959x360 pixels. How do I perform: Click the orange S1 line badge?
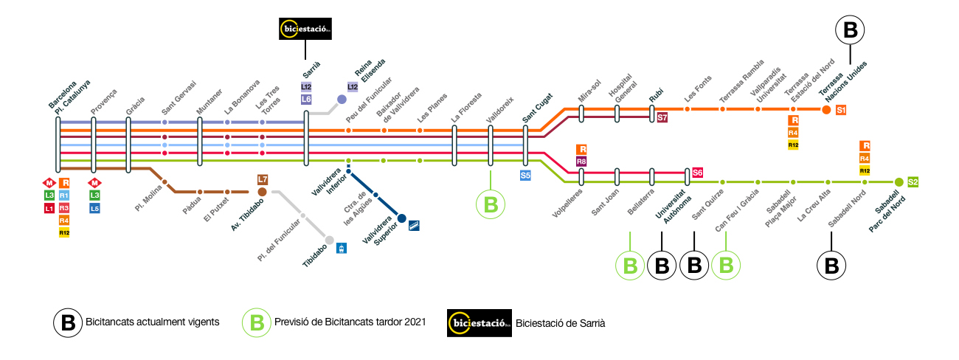841,110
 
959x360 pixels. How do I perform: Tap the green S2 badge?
913,181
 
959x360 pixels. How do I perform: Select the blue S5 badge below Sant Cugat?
525,176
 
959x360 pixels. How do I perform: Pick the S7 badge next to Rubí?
662,117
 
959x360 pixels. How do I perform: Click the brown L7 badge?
263,179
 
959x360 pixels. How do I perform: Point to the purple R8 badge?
581,161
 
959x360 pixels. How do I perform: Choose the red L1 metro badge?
49,209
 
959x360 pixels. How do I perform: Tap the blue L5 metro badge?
94,209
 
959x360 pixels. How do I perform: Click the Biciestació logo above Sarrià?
305,29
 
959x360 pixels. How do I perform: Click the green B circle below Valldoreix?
490,204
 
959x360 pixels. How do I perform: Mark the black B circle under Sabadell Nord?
831,266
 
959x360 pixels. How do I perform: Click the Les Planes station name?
431,108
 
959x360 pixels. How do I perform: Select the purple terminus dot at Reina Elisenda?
342,99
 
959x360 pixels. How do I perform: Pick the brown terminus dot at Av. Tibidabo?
263,192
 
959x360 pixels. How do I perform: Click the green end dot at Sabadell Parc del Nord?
899,181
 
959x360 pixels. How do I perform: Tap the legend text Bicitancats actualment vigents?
152,322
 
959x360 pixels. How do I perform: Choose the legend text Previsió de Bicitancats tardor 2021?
350,322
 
